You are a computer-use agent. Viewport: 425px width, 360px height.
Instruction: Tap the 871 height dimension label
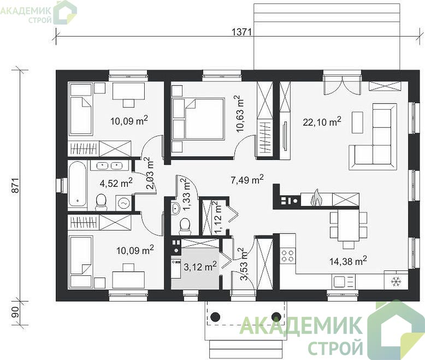(x=16, y=185)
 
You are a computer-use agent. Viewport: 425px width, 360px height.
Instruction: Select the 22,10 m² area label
(x=322, y=122)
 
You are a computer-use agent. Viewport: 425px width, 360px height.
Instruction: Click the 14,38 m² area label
(x=348, y=261)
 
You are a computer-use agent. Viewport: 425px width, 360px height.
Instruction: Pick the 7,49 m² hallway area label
(x=247, y=180)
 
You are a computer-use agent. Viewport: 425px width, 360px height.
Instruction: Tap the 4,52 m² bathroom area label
(x=116, y=183)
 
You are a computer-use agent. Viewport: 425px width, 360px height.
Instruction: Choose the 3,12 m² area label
(x=200, y=267)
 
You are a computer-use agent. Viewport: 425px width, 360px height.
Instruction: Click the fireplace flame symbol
(x=316, y=197)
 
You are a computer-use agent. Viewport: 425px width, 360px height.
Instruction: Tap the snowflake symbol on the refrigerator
(x=396, y=282)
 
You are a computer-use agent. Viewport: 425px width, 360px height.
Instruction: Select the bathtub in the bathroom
(x=78, y=184)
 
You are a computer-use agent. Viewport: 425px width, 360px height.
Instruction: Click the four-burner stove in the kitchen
(x=287, y=256)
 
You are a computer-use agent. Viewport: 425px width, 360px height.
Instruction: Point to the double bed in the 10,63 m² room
(x=198, y=119)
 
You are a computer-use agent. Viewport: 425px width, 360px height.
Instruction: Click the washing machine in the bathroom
(x=124, y=203)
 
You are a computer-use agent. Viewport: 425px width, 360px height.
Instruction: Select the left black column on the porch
(x=216, y=316)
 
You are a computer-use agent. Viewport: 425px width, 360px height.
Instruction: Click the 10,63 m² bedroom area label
(x=239, y=114)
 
